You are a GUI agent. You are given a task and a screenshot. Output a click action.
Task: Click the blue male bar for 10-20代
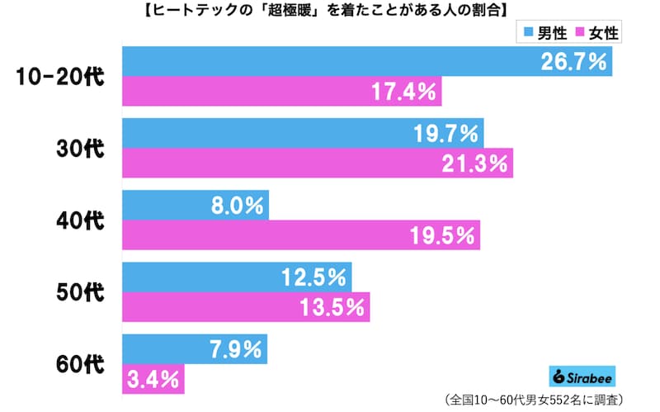367,61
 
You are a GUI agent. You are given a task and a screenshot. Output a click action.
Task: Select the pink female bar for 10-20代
282,92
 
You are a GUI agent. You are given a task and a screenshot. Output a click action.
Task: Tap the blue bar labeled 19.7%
303,133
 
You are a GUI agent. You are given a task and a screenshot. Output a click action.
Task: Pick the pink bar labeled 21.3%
318,163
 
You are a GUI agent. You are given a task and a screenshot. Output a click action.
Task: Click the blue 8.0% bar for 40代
196,205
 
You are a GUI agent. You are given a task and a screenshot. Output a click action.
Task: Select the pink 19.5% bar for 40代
301,235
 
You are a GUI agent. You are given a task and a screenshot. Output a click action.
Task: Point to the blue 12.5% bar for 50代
238,277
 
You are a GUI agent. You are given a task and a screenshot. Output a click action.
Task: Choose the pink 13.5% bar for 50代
246,307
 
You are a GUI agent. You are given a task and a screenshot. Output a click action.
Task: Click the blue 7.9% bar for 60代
196,349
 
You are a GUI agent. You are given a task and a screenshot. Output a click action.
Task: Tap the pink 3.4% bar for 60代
153,380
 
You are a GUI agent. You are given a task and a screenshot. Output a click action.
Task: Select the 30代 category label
81,149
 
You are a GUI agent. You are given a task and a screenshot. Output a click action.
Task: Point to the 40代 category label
81,220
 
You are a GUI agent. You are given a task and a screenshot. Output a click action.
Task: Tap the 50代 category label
81,292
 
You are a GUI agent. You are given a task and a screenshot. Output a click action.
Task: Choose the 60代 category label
81,364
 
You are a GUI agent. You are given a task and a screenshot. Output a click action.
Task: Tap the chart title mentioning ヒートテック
329,10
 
